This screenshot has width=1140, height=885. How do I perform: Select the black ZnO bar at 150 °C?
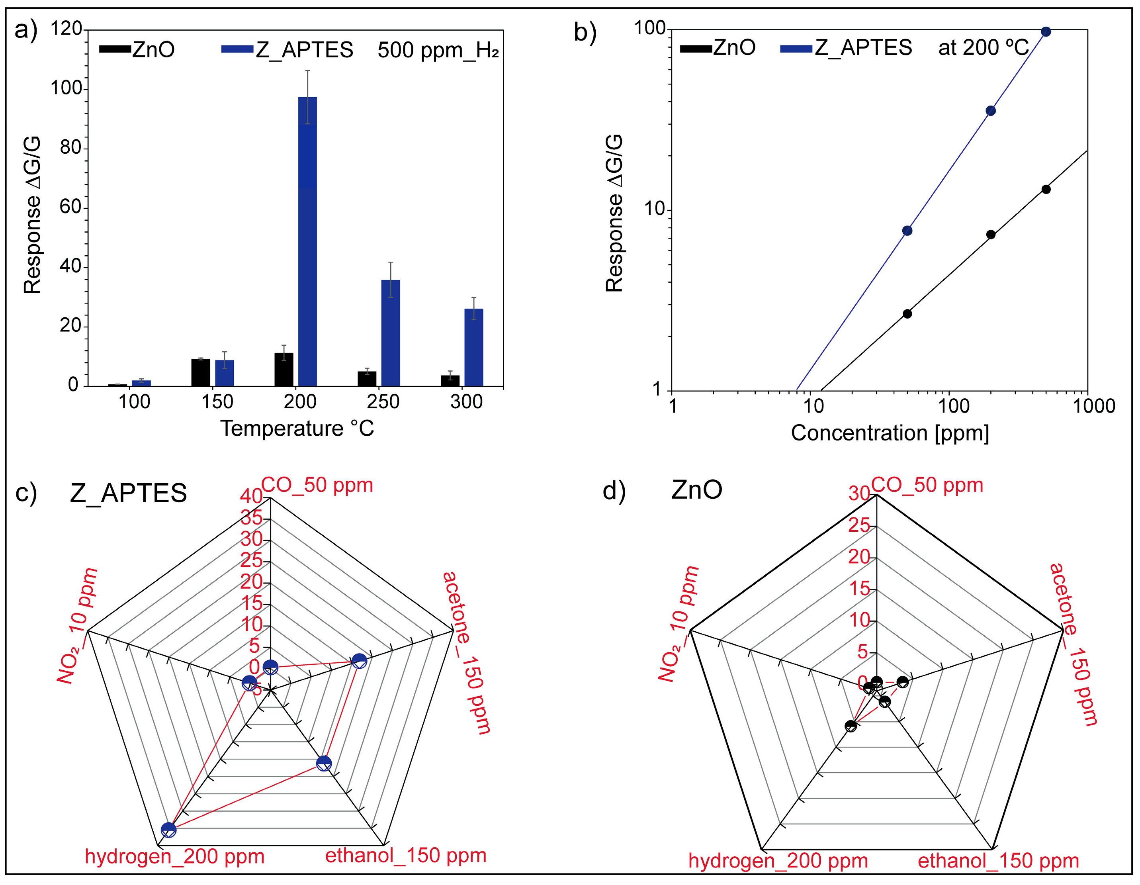coord(200,372)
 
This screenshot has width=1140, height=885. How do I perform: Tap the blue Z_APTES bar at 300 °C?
coord(473,347)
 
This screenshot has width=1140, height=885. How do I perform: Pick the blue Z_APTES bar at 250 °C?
coord(391,333)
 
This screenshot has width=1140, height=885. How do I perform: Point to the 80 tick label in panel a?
coord(71,148)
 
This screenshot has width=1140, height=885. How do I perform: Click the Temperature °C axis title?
coord(297,429)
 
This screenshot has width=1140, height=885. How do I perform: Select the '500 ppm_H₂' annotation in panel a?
coord(438,50)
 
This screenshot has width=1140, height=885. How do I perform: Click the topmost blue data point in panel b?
coord(1046,32)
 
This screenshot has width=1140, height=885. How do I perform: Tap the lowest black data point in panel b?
coord(907,314)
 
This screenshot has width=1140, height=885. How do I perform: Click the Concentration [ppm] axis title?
coord(890,433)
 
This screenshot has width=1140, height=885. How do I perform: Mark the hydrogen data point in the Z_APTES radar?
coord(168,830)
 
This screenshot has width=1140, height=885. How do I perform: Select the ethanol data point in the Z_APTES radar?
coord(324,764)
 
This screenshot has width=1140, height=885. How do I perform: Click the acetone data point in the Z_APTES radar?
coord(359,661)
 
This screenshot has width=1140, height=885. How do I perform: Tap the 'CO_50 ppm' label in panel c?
coord(317,485)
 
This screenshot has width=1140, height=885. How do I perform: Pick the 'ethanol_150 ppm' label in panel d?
coord(998,860)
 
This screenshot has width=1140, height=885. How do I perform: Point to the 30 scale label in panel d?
coord(858,493)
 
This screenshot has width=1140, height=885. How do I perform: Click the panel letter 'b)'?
coord(585,32)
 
